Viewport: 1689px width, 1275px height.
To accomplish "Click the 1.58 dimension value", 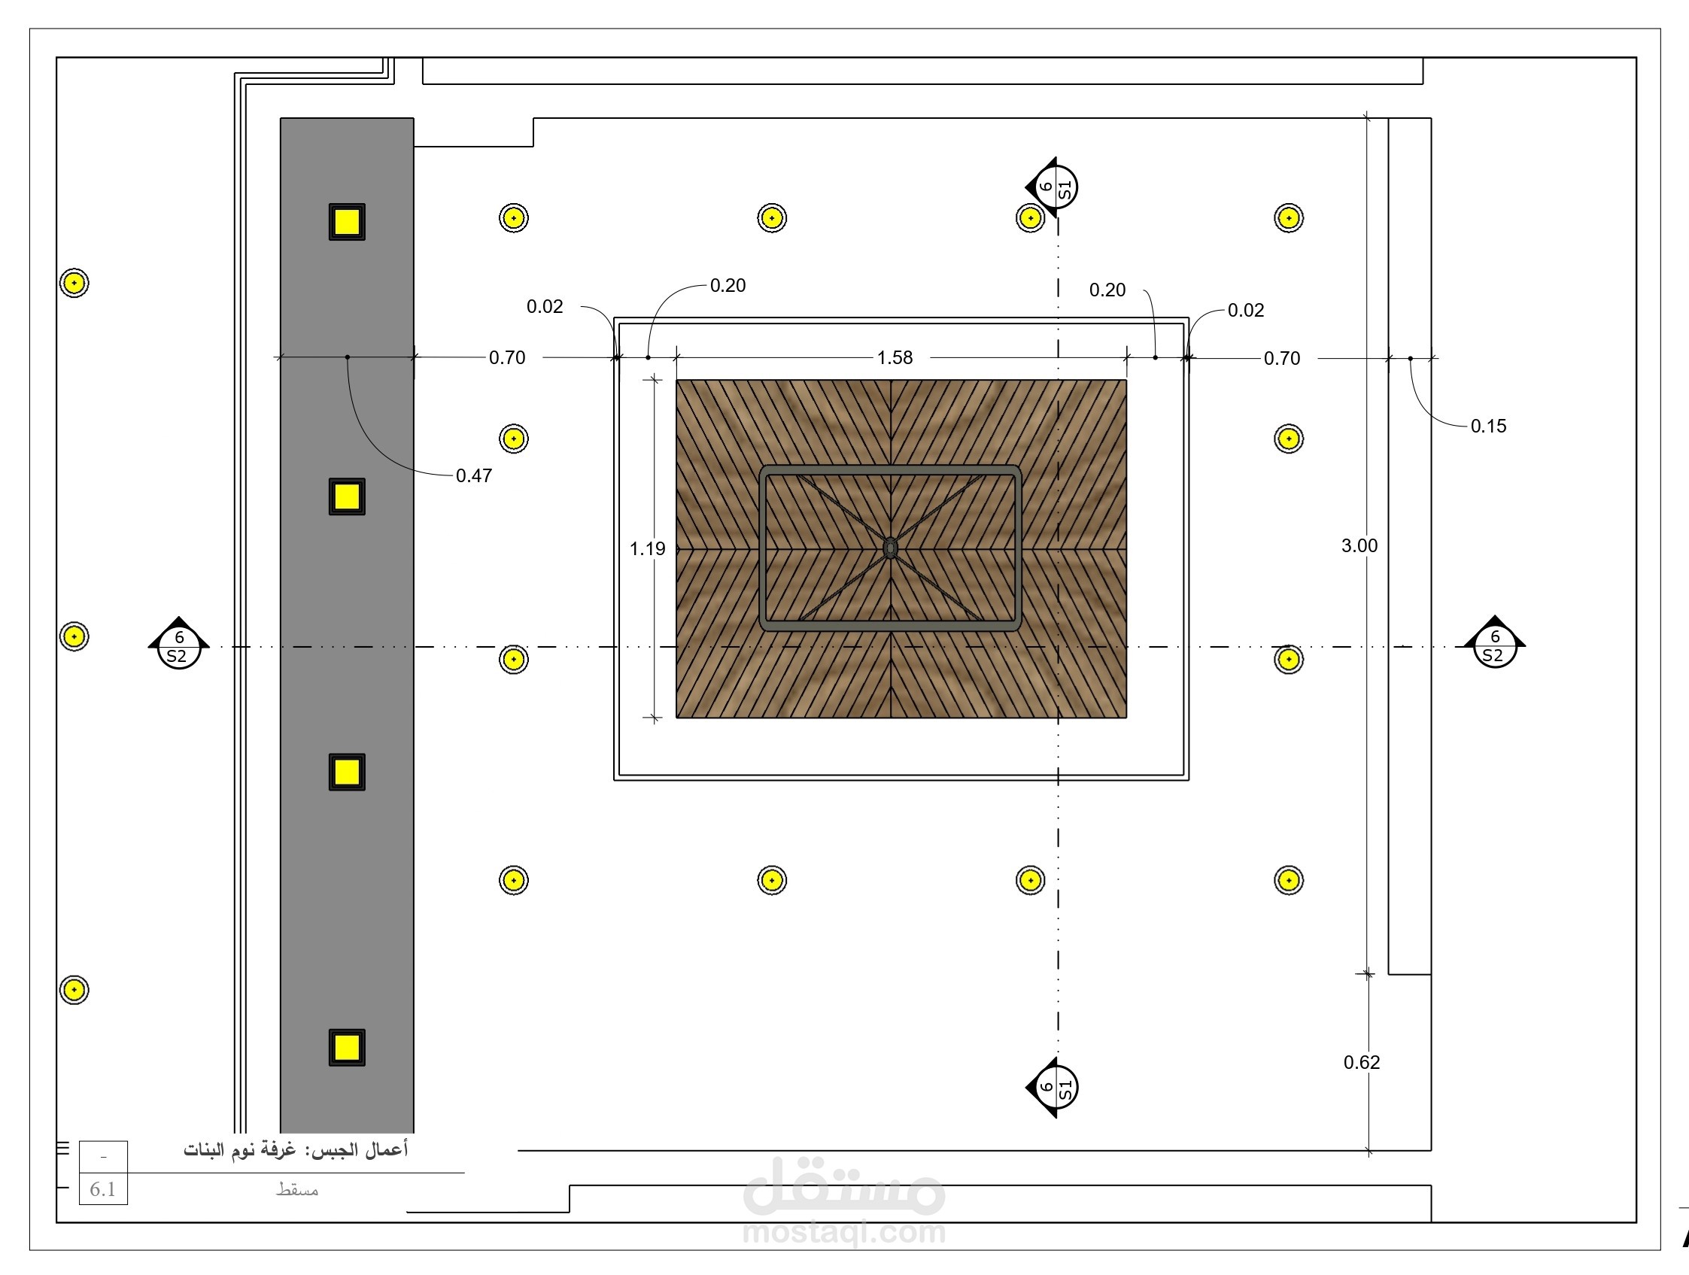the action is click(894, 357).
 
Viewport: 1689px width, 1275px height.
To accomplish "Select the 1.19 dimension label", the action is click(648, 548).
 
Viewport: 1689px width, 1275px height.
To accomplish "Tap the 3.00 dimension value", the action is click(1359, 545).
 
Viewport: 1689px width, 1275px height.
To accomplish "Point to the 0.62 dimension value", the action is click(1362, 1062).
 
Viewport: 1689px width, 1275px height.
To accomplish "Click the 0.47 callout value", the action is click(473, 475).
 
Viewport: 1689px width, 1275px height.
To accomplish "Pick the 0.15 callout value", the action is click(1488, 426).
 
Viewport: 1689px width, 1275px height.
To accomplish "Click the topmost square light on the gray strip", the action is click(347, 221).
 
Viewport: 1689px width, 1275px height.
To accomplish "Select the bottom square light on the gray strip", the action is click(347, 1047).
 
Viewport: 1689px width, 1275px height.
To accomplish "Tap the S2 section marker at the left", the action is click(178, 646).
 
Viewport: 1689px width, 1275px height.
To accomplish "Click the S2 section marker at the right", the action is click(1494, 645).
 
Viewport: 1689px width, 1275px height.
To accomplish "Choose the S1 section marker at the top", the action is click(1053, 187).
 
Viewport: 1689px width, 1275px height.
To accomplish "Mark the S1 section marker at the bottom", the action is click(1053, 1087).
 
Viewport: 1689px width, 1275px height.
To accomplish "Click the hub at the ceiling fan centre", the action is click(890, 548).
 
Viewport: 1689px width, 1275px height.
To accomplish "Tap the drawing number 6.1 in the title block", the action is click(102, 1189).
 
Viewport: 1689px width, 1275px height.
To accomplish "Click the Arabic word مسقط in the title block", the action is click(297, 1189).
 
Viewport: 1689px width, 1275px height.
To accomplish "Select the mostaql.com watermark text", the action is click(843, 1232).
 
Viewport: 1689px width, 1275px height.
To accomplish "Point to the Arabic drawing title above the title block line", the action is click(296, 1150).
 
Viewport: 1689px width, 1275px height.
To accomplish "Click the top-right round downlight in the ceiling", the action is click(1288, 217).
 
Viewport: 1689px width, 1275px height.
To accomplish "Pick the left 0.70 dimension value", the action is click(507, 357).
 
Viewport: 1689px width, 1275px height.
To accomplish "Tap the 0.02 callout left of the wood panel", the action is click(545, 306).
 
